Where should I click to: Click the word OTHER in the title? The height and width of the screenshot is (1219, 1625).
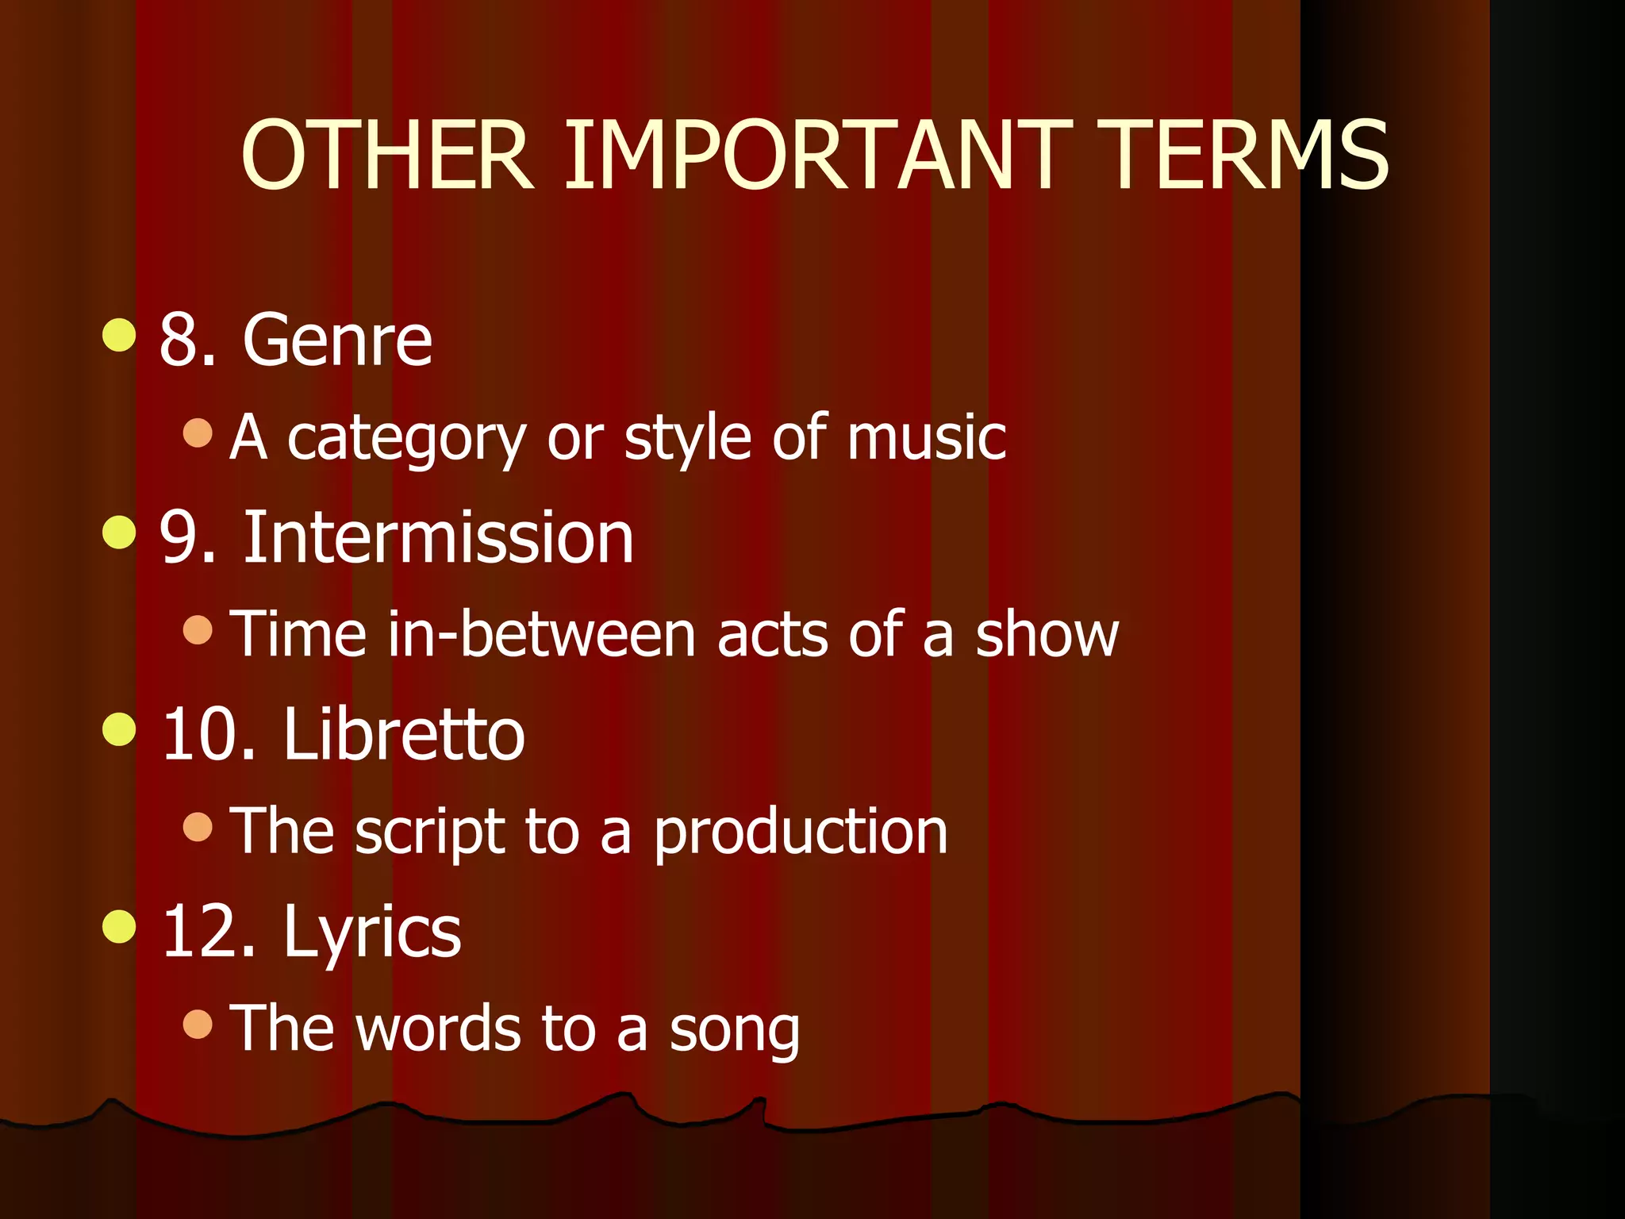point(387,156)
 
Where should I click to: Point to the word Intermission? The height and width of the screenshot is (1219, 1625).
point(438,538)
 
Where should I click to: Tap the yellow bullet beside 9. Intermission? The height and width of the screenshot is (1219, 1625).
point(119,532)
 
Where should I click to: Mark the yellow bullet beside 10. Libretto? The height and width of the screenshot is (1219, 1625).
point(119,729)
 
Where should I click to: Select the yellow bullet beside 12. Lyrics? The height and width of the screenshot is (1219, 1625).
point(119,927)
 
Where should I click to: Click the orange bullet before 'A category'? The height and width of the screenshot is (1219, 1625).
point(198,433)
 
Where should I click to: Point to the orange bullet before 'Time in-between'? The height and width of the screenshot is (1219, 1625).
point(198,630)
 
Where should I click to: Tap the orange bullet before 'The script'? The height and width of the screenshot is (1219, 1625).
point(198,827)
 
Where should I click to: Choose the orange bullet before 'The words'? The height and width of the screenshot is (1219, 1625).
point(198,1024)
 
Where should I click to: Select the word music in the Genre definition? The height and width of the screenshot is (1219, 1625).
point(926,437)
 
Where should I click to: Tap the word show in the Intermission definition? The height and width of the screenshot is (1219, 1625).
point(1047,635)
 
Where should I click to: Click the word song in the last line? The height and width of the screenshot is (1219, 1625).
point(734,1030)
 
